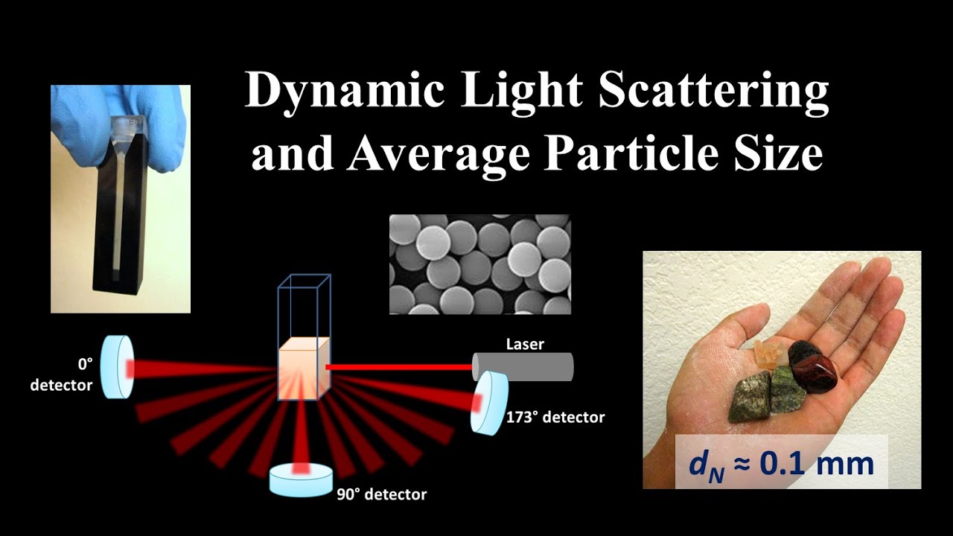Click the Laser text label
pos(525,345)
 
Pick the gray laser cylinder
pos(524,366)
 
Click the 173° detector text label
pos(555,418)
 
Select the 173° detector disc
pos(488,402)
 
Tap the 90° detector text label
pos(380,494)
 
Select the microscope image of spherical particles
pos(479,264)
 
